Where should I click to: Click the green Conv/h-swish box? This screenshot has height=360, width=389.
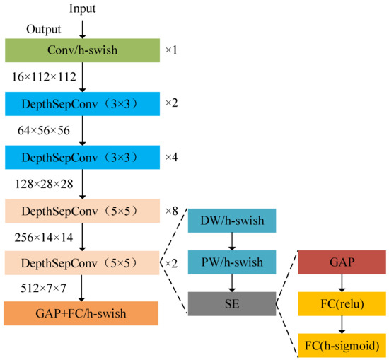click(x=82, y=50)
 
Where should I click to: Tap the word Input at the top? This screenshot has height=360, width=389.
click(x=82, y=8)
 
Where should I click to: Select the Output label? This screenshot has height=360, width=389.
click(x=43, y=29)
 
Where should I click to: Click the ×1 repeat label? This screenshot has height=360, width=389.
click(x=172, y=50)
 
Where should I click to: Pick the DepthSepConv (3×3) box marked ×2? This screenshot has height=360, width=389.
click(x=82, y=103)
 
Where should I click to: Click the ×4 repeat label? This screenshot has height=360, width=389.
click(x=172, y=156)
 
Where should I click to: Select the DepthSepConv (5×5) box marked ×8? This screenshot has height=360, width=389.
click(x=82, y=210)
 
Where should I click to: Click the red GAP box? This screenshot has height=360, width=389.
click(x=342, y=262)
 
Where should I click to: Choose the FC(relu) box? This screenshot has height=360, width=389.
click(x=342, y=304)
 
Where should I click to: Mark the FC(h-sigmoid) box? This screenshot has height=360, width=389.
click(x=342, y=346)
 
